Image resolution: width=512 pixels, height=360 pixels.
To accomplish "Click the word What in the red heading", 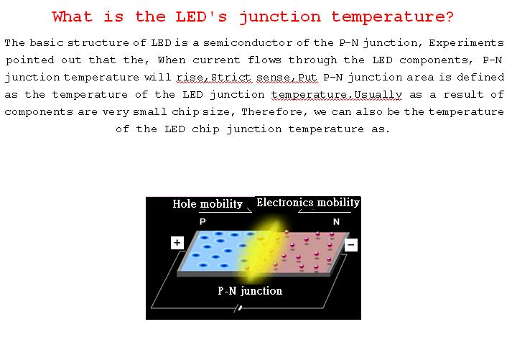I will click(75, 17).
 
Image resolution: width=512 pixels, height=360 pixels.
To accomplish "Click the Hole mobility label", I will click(208, 204).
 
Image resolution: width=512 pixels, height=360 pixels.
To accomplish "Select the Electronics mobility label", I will click(307, 203).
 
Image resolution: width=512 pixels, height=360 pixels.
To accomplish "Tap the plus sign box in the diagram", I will click(177, 243).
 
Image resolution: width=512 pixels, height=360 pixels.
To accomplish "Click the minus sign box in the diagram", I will click(350, 244).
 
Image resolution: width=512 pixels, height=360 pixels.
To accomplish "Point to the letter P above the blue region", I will click(203, 222).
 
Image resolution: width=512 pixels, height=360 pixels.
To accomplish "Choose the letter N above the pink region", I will click(336, 222).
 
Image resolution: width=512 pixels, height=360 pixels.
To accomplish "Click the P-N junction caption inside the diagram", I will click(250, 291).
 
